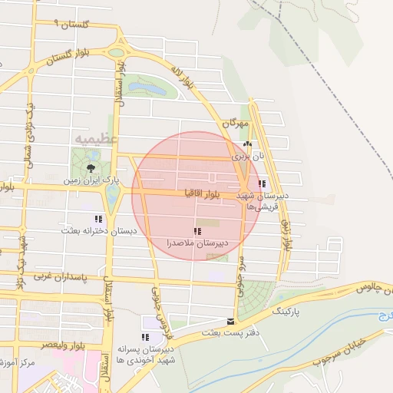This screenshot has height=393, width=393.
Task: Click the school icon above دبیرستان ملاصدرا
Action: point(197,231)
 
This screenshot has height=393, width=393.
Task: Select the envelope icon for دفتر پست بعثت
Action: point(230,322)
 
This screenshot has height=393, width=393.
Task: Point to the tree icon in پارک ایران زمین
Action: point(91,167)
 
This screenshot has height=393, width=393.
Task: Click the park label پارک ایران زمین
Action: point(91,180)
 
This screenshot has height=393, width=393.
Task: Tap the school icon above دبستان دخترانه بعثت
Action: point(98,219)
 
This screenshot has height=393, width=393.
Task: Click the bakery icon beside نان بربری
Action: point(246,144)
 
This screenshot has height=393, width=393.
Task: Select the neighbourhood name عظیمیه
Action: point(97,138)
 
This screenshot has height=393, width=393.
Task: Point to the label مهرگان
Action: point(236,123)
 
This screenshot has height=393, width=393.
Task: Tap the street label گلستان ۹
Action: point(73,25)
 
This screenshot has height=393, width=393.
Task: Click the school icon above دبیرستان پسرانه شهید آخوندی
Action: point(144,337)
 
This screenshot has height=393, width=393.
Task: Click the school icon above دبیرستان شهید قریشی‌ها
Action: point(263,184)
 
